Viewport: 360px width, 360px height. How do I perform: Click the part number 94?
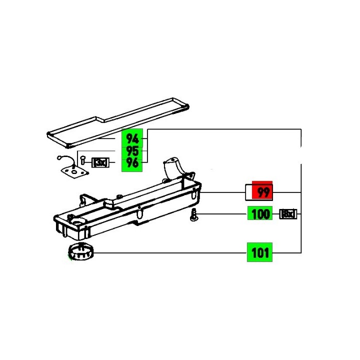132,138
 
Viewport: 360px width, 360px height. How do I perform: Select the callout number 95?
132,150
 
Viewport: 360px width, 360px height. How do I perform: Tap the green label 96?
132,162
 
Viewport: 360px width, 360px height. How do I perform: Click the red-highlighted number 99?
262,192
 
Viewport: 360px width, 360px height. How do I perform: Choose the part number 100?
260,215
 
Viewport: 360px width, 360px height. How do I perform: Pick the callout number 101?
259,252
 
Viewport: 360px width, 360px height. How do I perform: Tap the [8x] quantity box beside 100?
288,215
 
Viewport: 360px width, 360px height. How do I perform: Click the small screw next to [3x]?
82,161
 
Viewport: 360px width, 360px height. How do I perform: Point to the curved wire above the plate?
64,159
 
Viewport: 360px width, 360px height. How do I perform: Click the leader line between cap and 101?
170,252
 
